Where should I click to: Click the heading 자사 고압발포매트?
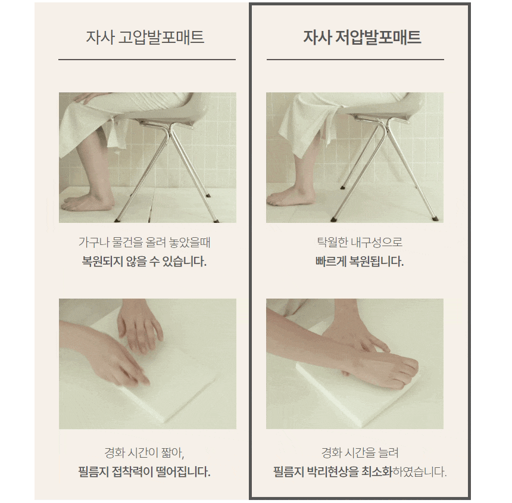click(145, 37)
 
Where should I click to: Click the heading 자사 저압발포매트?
click(362, 37)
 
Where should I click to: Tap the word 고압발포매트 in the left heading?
click(161, 37)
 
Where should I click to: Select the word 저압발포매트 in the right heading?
click(378, 37)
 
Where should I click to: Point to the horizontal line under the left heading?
click(147, 60)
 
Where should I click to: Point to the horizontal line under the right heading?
click(355, 60)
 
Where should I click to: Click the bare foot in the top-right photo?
click(291, 196)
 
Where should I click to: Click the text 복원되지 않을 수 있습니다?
click(144, 262)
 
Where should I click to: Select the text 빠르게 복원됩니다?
click(360, 262)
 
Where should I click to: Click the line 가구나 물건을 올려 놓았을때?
click(144, 243)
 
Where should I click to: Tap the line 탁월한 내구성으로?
click(360, 243)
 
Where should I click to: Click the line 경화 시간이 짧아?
click(144, 453)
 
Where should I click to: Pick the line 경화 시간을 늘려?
click(360, 453)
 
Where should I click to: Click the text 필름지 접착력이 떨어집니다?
click(144, 472)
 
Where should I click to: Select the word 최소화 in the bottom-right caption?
click(376, 472)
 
